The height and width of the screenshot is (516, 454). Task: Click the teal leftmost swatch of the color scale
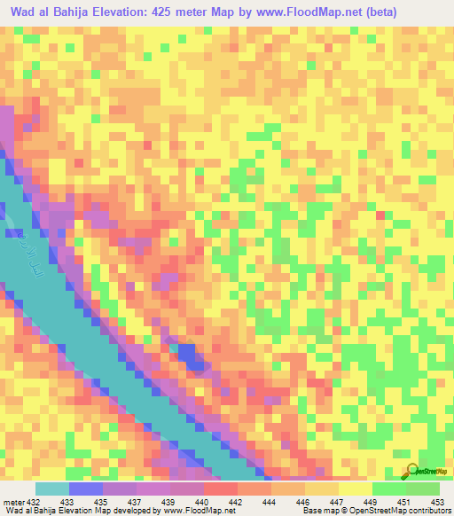click(x=51, y=489)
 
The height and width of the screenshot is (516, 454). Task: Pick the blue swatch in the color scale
click(x=86, y=489)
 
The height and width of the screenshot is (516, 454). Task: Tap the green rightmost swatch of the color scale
click(x=423, y=489)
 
